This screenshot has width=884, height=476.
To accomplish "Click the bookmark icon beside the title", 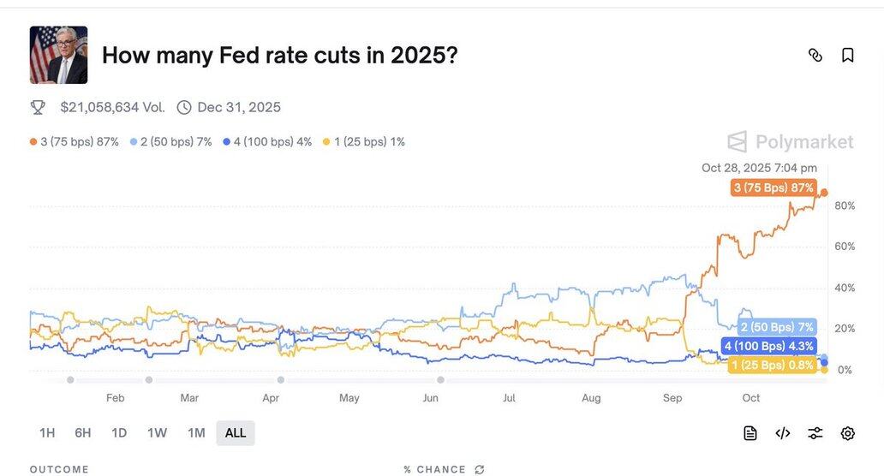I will pyautogui.click(x=847, y=55).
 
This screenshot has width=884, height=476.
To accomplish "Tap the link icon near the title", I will pyautogui.click(x=815, y=55).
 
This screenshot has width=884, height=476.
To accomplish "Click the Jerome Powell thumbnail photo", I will pyautogui.click(x=58, y=55).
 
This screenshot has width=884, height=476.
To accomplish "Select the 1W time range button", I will pyautogui.click(x=157, y=433).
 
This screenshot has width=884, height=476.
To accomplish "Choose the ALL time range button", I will pyautogui.click(x=236, y=433).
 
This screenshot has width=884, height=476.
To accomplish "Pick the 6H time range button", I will pyautogui.click(x=83, y=433).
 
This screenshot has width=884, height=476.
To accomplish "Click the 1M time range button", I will pyautogui.click(x=196, y=433).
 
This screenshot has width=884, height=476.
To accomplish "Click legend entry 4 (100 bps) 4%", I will pyautogui.click(x=267, y=141).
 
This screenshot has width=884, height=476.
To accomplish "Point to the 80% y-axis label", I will pyautogui.click(x=845, y=205).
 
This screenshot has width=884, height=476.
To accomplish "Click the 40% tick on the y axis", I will pyautogui.click(x=845, y=288).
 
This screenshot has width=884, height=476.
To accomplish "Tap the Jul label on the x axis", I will pyautogui.click(x=509, y=398).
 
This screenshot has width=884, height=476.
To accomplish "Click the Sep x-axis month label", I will pyautogui.click(x=672, y=398).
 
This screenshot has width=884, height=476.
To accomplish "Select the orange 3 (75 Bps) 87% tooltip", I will pyautogui.click(x=773, y=187).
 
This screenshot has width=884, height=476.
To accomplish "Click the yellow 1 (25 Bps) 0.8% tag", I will pyautogui.click(x=772, y=366).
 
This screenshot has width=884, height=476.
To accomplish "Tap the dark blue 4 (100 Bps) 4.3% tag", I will pyautogui.click(x=768, y=347).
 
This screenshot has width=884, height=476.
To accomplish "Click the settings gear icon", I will pyautogui.click(x=847, y=433).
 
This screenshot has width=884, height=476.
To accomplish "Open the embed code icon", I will pyautogui.click(x=782, y=433).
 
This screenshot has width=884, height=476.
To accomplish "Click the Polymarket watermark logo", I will pyautogui.click(x=790, y=142).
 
